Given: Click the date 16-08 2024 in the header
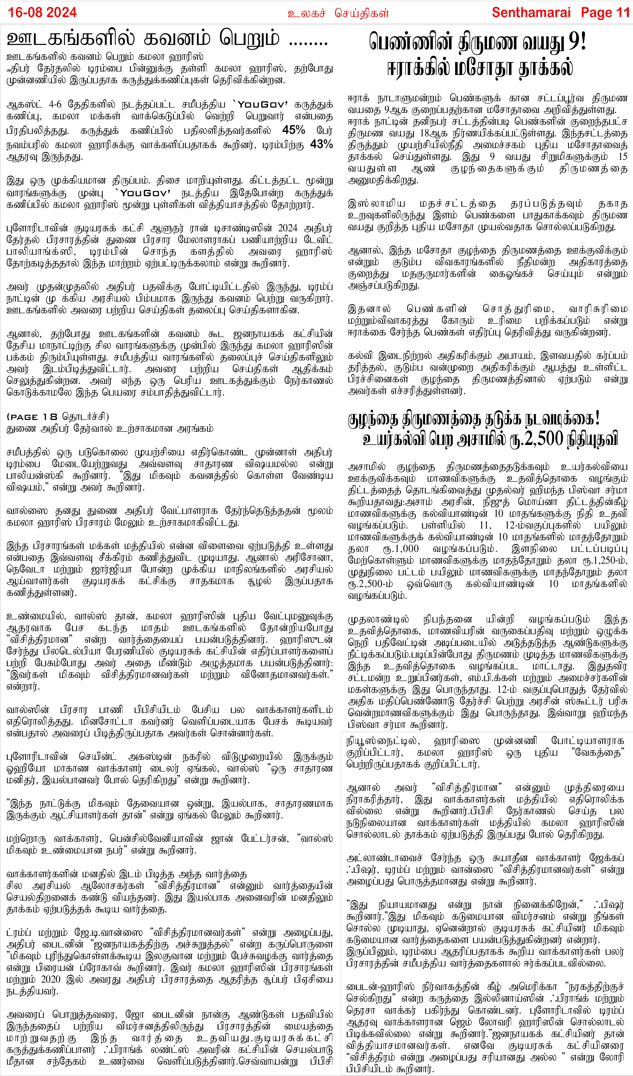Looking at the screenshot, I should click(42, 12).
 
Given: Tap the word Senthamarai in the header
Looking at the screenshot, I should click(531, 12).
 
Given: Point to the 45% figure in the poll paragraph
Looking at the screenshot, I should click(293, 130).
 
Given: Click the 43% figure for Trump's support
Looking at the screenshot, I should click(321, 144).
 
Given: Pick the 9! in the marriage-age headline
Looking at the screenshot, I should click(577, 42).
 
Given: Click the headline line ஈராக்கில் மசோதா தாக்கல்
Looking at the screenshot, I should click(480, 68).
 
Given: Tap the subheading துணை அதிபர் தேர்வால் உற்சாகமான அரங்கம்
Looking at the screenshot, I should click(110, 428).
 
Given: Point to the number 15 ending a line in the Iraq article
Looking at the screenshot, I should click(622, 157).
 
